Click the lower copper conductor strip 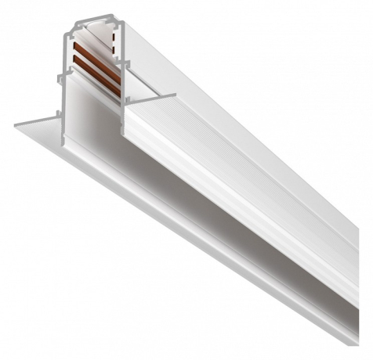tap(92, 81)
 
